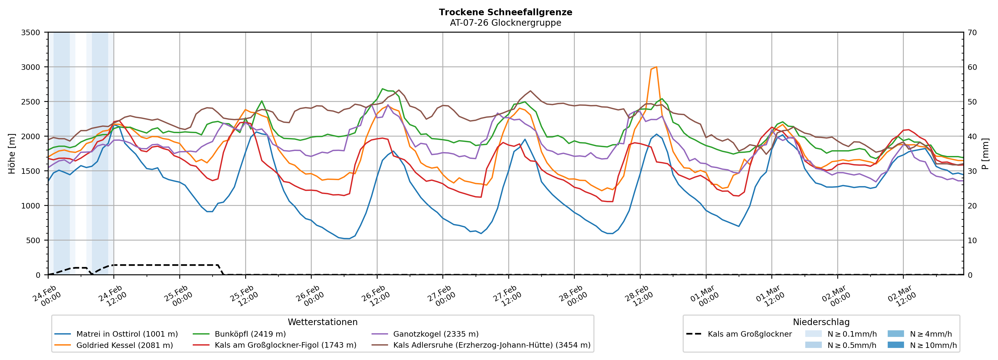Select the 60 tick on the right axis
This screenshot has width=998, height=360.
click(972, 67)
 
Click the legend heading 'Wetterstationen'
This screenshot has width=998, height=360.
click(322, 322)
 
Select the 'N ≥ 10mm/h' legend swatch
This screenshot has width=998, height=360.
click(896, 345)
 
